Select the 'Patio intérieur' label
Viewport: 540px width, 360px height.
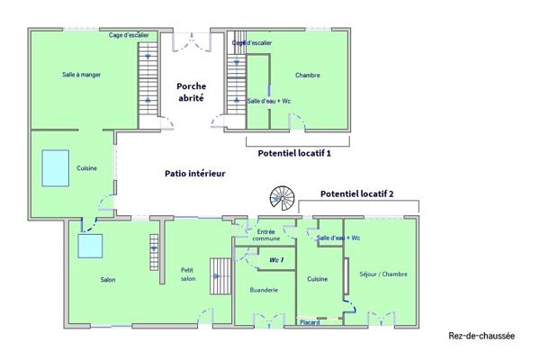[194, 173]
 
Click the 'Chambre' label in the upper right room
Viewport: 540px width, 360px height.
[307, 75]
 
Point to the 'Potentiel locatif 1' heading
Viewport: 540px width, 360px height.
[294, 154]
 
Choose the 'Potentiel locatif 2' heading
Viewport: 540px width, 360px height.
[357, 194]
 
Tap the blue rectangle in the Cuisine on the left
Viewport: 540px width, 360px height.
[55, 167]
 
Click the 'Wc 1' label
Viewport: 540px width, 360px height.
[276, 260]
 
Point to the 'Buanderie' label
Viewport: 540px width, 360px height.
[263, 290]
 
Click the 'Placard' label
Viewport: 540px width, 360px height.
[310, 322]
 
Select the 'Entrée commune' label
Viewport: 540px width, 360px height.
[265, 236]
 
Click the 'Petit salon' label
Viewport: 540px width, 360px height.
[187, 274]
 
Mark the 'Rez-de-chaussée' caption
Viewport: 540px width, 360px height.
[481, 337]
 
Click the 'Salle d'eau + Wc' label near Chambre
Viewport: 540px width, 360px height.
[268, 101]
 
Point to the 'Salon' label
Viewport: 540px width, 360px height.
[107, 279]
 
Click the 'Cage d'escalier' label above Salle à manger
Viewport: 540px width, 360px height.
[129, 35]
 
